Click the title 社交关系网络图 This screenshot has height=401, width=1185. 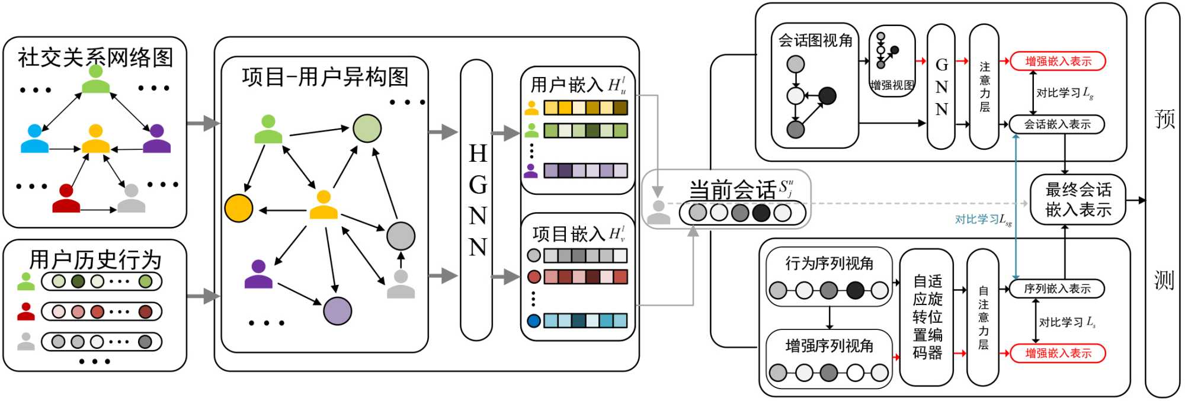[x=95, y=57]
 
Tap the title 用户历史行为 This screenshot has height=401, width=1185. [x=95, y=259]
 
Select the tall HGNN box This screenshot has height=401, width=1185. [x=476, y=200]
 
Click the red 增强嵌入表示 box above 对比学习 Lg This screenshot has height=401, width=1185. [x=1058, y=61]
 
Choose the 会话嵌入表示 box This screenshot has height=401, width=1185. [x=1057, y=124]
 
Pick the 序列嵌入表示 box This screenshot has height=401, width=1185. [x=1057, y=288]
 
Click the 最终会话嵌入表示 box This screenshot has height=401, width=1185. [x=1078, y=200]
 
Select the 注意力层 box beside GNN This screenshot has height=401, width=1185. [x=984, y=86]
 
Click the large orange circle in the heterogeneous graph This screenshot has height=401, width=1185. [x=239, y=208]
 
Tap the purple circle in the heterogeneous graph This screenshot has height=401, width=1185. [x=337, y=311]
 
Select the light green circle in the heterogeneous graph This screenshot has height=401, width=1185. [x=367, y=129]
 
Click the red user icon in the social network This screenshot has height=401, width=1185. [x=66, y=198]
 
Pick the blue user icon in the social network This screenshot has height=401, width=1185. [x=35, y=139]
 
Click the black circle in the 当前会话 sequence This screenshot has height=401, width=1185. [x=761, y=212]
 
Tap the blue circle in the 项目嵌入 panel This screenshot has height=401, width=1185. [x=534, y=320]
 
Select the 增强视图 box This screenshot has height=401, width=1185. [x=892, y=61]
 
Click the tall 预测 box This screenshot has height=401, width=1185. [x=1162, y=200]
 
